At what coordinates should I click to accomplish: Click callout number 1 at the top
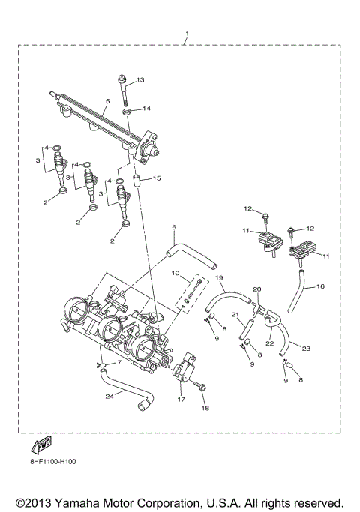[x=187, y=34]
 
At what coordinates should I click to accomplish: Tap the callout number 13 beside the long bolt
[x=139, y=80]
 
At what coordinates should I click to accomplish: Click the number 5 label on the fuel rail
[x=108, y=101]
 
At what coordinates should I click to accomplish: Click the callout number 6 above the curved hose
[x=173, y=227]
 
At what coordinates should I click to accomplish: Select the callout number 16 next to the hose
[x=320, y=286]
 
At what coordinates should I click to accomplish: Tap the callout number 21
[x=235, y=315]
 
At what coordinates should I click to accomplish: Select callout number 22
[x=269, y=343]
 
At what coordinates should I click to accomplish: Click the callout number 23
[x=306, y=347]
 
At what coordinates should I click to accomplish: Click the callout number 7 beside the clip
[x=118, y=362]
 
